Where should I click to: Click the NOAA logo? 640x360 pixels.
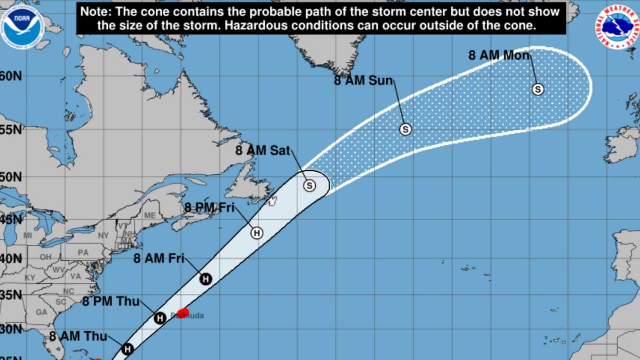(22, 23)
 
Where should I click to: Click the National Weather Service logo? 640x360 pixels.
(617, 27)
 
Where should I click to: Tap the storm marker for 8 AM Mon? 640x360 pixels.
(538, 90)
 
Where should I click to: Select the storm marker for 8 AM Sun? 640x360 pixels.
(405, 129)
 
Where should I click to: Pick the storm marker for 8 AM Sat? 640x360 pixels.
(309, 186)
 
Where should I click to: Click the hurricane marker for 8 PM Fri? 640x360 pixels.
(257, 233)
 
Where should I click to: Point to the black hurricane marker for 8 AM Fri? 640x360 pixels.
(205, 278)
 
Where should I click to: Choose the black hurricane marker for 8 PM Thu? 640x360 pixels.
(159, 318)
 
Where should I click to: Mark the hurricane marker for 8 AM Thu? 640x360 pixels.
(127, 349)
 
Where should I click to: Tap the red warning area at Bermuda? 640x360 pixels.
(183, 312)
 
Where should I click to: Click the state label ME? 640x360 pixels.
(149, 215)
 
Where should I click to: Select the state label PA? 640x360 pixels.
(83, 252)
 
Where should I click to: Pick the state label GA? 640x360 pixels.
(41, 312)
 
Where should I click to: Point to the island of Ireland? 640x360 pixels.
(621, 143)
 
